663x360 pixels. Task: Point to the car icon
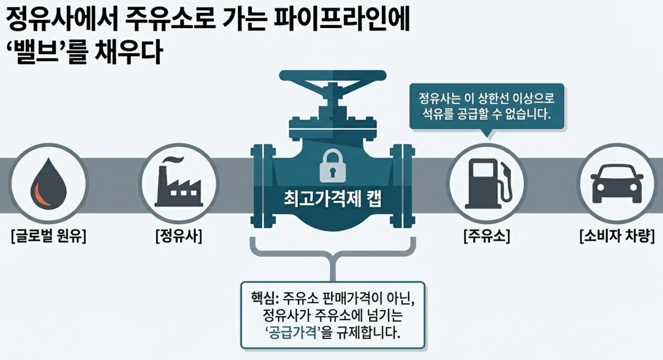coord(617,184)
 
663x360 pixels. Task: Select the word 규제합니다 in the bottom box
coord(366,332)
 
